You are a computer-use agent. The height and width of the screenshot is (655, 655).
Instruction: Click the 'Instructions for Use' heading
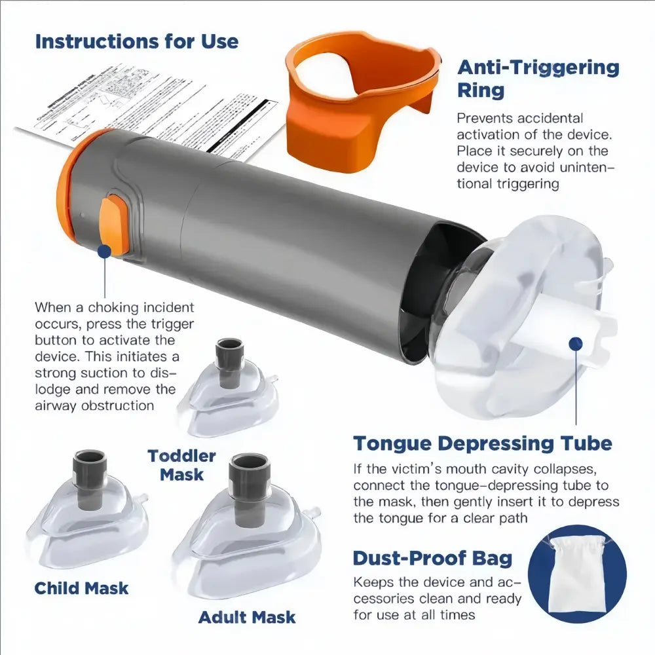[136, 41]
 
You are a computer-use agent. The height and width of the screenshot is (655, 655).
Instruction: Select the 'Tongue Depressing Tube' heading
[483, 443]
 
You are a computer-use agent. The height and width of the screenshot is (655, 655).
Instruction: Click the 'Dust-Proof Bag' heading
[432, 558]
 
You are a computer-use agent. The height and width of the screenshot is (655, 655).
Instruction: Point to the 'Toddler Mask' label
[181, 464]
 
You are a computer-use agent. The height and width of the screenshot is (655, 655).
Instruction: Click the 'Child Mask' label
[81, 588]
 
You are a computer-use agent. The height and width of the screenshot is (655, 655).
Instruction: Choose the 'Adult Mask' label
[246, 617]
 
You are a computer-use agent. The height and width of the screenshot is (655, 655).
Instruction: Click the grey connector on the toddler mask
[230, 354]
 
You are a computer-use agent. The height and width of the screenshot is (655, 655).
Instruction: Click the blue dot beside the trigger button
[103, 250]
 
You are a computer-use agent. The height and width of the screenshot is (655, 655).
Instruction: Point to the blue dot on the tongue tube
[576, 343]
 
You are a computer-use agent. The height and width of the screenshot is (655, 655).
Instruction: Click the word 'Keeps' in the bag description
[371, 582]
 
